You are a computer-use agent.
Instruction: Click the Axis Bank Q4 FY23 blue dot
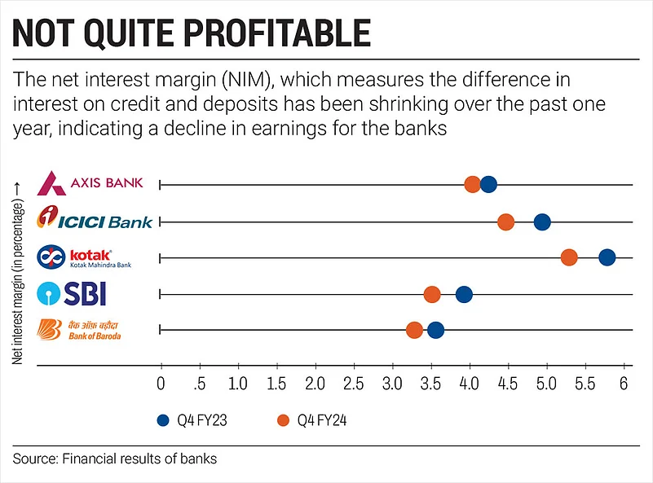(x=488, y=185)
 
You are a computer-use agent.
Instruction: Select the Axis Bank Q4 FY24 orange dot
(x=473, y=185)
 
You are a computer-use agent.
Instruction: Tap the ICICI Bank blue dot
(x=542, y=222)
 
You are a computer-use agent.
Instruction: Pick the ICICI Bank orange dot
(x=505, y=222)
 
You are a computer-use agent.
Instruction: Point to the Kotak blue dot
(x=607, y=257)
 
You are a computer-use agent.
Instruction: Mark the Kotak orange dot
(x=569, y=257)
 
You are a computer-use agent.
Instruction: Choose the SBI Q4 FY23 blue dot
(x=464, y=294)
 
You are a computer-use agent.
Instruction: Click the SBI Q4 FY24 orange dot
(x=432, y=294)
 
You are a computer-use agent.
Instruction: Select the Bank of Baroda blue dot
(x=436, y=330)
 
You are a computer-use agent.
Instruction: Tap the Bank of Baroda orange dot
(x=414, y=330)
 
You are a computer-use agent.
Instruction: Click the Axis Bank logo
(x=90, y=182)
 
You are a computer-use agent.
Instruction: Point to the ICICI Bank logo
(x=95, y=220)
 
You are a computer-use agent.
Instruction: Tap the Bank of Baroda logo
(x=81, y=329)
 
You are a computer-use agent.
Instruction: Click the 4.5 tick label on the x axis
(x=508, y=383)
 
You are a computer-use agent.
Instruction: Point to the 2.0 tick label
(x=315, y=383)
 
